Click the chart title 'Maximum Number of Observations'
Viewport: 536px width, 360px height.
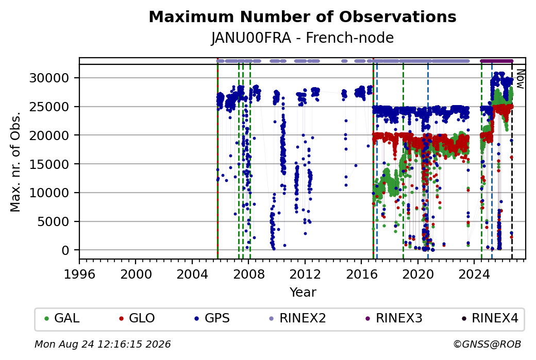pos(303,16)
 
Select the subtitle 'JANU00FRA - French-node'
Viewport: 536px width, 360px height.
pos(303,38)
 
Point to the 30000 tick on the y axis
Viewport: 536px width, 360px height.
pos(49,78)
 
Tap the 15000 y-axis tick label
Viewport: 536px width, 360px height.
pos(49,164)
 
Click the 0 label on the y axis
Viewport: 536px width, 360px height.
pos(65,250)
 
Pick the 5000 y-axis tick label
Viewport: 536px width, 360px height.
pos(53,221)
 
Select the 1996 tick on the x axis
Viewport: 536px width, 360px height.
pos(79,274)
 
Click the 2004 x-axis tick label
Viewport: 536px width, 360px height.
pos(192,274)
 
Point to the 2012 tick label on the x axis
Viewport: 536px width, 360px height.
pos(305,274)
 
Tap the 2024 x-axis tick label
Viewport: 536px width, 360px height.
pos(474,274)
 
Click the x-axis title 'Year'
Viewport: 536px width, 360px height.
pos(303,293)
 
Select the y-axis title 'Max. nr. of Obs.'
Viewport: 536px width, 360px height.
pos(15,162)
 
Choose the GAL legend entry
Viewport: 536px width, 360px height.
pos(62,318)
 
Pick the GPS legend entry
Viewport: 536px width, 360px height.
pos(212,318)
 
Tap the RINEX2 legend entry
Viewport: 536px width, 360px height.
pos(298,318)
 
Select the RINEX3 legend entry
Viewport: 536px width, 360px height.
pos(394,318)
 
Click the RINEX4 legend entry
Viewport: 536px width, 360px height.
pos(490,318)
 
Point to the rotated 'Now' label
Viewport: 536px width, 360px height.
pos(520,79)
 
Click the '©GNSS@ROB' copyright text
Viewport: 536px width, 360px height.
pos(487,344)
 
